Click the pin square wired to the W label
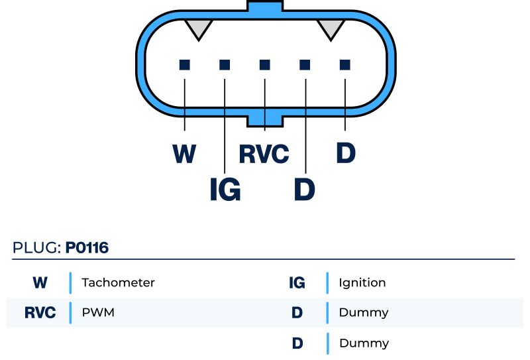(185, 64)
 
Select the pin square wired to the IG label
(225, 64)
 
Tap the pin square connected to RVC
(265, 64)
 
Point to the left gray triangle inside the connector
(198, 28)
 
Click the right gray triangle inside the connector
(331, 28)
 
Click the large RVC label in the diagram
(264, 154)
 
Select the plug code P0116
(87, 249)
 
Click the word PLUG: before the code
(37, 249)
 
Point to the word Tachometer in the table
(118, 282)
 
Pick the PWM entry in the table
(98, 312)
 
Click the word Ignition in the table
(362, 282)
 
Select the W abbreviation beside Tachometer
(40, 282)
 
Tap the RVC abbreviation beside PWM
(40, 312)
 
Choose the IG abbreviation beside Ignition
(297, 282)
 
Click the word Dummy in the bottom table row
(364, 343)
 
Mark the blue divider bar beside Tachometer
(70, 282)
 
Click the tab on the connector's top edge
(265, 7)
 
